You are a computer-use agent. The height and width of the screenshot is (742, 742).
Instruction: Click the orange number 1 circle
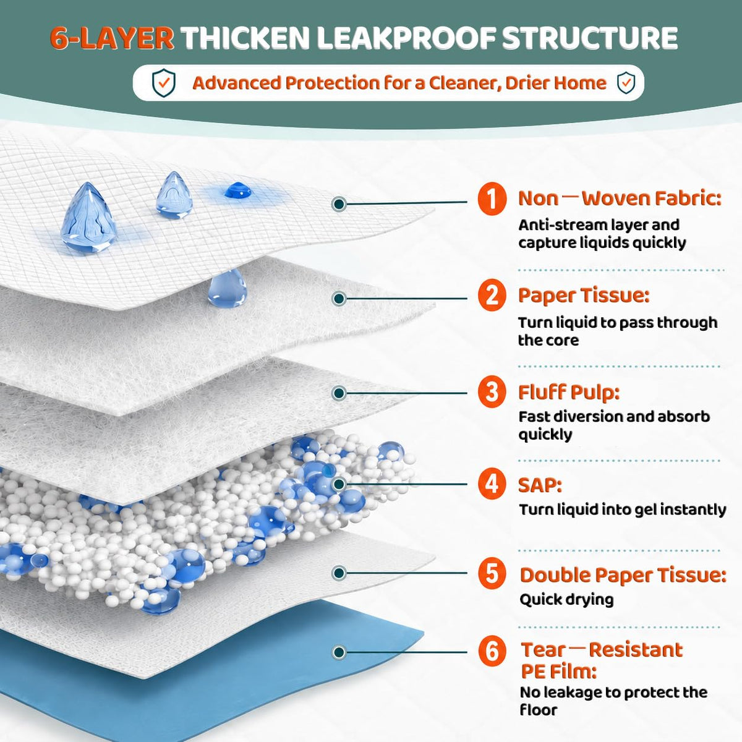492,198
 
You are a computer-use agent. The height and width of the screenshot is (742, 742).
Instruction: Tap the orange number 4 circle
492,484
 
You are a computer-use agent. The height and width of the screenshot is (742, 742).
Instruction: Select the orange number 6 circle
492,652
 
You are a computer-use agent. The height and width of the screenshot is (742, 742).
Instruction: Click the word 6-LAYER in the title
112,38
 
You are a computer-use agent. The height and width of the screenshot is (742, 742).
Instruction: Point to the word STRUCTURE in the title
589,38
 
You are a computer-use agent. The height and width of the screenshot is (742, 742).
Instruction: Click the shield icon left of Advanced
163,83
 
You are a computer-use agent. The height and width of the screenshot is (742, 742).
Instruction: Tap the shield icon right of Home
626,83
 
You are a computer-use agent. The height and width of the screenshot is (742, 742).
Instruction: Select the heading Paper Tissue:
584,296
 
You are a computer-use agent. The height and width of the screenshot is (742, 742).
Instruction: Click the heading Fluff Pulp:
569,393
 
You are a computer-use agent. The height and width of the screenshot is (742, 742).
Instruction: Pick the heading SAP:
540,485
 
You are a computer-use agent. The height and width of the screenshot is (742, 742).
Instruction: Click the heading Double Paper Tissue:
623,575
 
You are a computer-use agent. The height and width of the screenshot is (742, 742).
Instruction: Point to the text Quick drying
566,600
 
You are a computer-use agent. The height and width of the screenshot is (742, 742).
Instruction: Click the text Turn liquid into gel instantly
623,510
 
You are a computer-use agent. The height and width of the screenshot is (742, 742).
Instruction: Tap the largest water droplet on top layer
89,218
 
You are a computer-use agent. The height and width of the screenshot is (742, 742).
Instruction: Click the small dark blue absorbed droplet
237,190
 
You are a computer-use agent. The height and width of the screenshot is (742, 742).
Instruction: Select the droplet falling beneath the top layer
227,288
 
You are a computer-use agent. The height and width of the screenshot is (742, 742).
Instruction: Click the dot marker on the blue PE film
339,652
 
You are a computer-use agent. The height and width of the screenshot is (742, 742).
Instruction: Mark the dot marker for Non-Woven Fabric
339,204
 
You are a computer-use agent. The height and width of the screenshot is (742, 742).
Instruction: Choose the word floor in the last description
539,710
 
